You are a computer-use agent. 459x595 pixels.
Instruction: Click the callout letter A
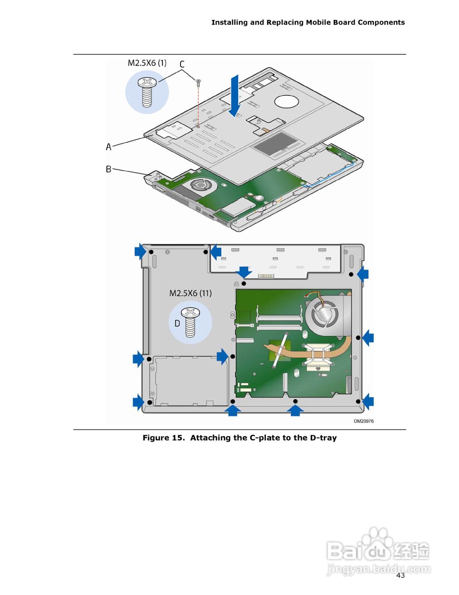click(109, 147)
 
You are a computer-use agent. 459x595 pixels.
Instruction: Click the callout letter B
click(109, 169)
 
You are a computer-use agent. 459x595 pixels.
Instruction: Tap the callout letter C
click(182, 64)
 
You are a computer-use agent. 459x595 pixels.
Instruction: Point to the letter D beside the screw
click(177, 324)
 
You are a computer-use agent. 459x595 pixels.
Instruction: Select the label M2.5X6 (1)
click(147, 63)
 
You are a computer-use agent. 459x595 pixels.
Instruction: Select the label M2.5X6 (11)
click(190, 293)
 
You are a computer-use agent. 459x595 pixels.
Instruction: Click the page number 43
click(401, 575)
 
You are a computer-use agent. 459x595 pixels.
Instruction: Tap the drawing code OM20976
click(363, 421)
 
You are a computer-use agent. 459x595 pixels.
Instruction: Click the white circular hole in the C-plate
click(286, 101)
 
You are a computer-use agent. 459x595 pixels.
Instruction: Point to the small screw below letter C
click(199, 83)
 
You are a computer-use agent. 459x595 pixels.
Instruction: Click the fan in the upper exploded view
click(200, 185)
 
